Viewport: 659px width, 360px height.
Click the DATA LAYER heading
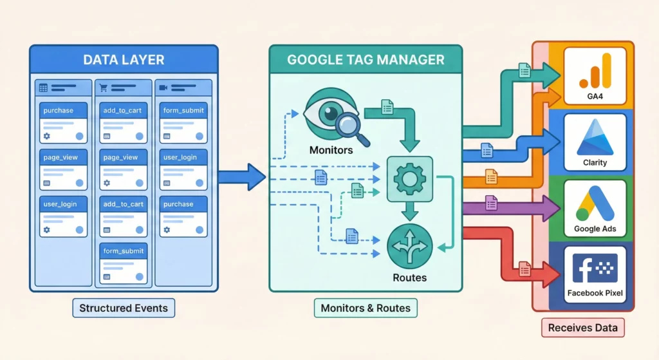point(124,60)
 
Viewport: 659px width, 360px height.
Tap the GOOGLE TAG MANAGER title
point(366,60)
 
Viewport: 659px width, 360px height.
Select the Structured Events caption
point(124,308)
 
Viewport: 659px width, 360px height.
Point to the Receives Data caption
point(582,328)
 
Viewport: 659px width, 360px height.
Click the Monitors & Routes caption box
point(366,308)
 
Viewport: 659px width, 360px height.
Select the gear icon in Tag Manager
point(409,178)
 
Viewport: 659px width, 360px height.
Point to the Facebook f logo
point(594,269)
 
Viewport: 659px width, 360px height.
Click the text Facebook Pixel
point(595,293)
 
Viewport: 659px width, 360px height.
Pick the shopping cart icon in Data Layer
point(104,88)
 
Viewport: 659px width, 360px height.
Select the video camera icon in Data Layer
point(164,88)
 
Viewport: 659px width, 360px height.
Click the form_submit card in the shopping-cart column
point(124,261)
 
